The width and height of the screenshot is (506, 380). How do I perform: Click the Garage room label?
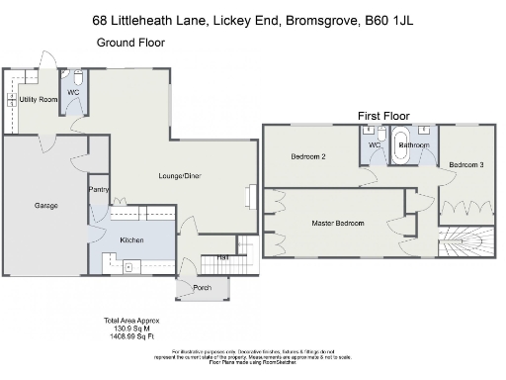[46, 206]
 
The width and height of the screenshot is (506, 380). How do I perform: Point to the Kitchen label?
[132, 240]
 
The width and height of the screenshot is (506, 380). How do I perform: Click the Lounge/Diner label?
[180, 176]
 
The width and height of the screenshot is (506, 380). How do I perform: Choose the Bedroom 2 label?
[308, 156]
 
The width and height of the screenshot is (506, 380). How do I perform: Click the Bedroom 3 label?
[465, 164]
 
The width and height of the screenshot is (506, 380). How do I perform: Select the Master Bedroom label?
[338, 224]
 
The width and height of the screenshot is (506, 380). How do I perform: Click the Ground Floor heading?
[129, 43]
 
